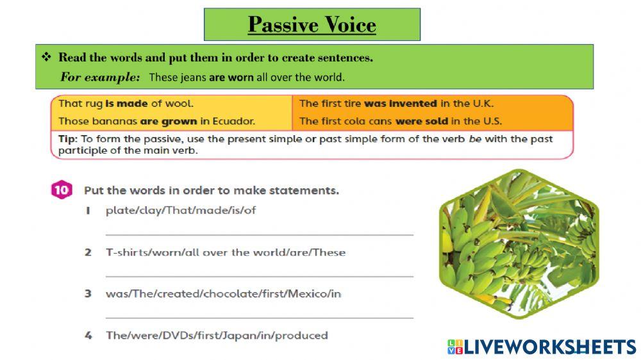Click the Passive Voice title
pyautogui.click(x=312, y=25)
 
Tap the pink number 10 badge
pyautogui.click(x=61, y=190)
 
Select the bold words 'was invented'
pyautogui.click(x=401, y=103)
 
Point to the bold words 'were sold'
pyautogui.click(x=422, y=120)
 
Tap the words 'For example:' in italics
pyautogui.click(x=100, y=77)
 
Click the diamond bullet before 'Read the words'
pyautogui.click(x=46, y=58)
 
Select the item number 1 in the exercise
pyautogui.click(x=88, y=211)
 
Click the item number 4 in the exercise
pyautogui.click(x=88, y=335)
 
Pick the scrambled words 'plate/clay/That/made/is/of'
pyautogui.click(x=180, y=210)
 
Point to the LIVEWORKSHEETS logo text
pyautogui.click(x=549, y=347)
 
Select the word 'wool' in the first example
pyautogui.click(x=179, y=103)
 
